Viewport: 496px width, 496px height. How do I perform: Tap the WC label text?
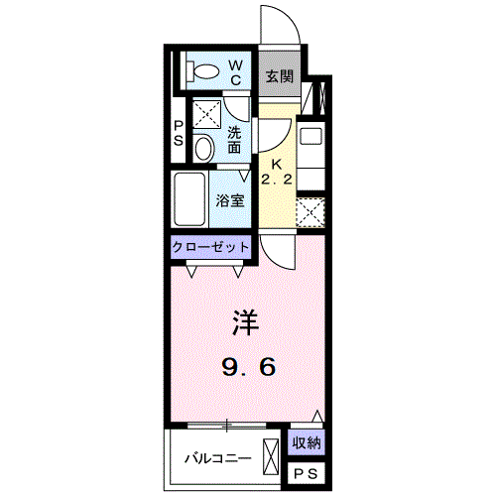237,71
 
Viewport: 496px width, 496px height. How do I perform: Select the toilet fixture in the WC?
203,70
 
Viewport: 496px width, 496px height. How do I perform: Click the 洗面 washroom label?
234,139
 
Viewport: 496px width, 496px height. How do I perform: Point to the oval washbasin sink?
203,149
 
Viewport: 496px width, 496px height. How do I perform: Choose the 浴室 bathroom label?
231,198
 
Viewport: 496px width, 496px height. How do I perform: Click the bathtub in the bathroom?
189,199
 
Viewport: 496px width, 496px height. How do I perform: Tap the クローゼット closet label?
210,246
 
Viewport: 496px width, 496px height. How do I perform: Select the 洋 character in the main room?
246,322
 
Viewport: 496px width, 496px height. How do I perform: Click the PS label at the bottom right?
306,474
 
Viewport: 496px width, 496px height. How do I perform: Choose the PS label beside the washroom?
178,133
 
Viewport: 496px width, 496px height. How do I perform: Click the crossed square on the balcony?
271,458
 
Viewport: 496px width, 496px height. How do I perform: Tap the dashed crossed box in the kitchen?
310,212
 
